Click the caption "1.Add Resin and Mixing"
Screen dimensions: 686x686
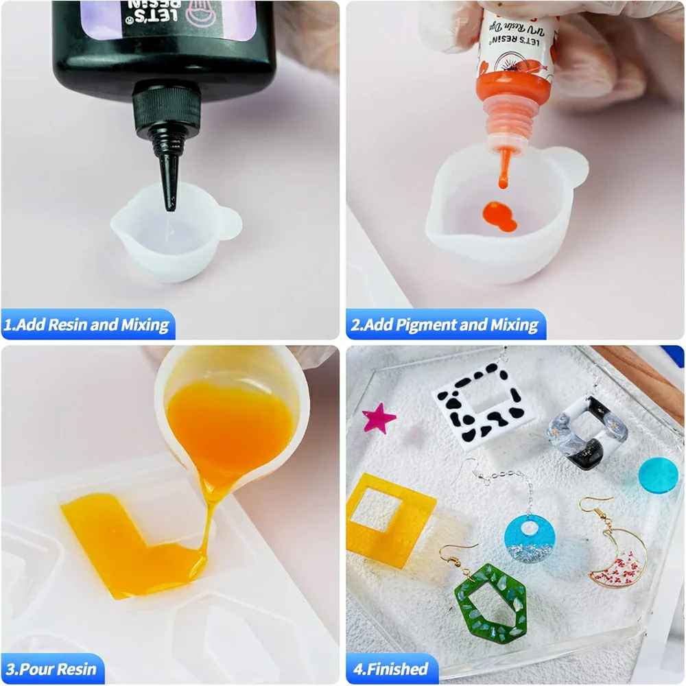pos(86,324)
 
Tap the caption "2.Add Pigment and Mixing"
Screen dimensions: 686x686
pos(445,324)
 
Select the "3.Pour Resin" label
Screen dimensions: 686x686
pos(52,668)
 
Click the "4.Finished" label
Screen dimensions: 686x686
pos(390,668)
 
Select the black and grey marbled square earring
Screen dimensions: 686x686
pos(580,432)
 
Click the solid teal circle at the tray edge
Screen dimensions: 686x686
pos(659,474)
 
